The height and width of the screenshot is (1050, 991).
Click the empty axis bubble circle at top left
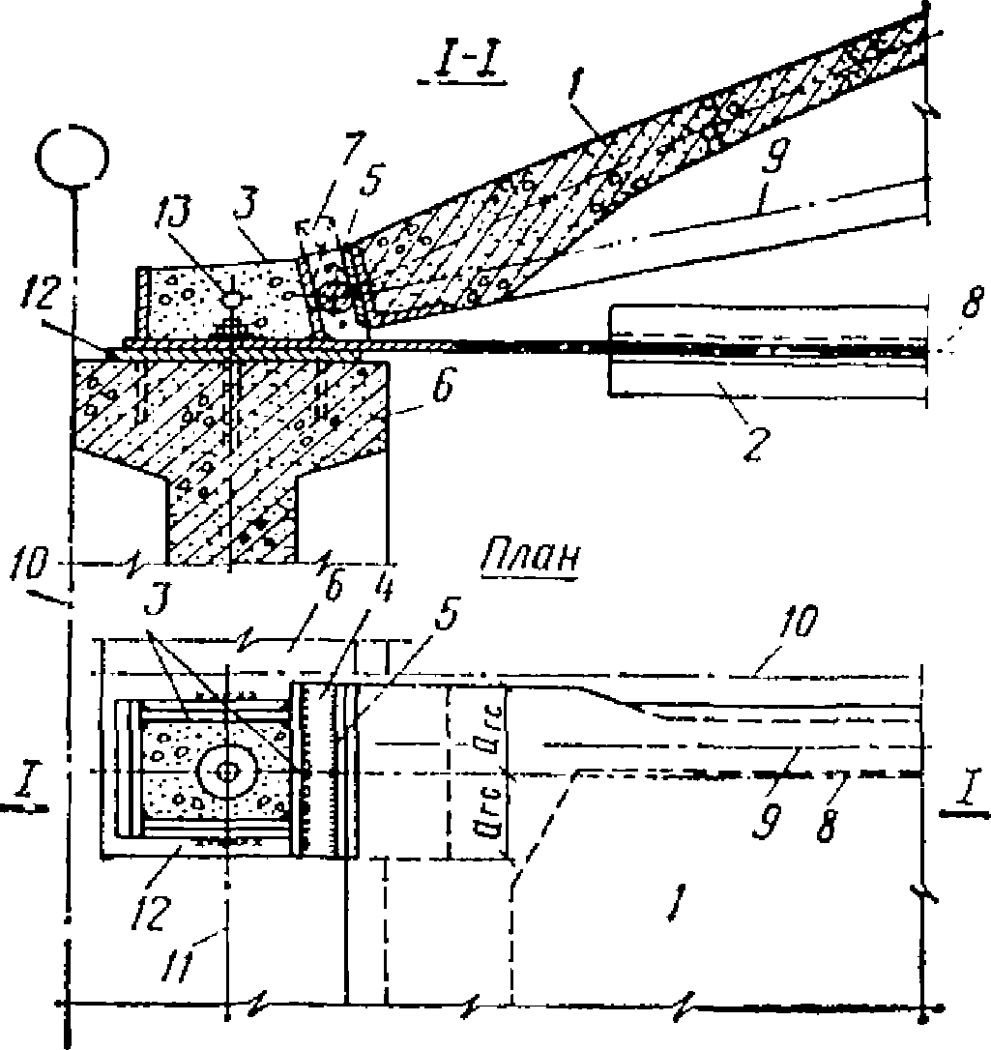pos(73,156)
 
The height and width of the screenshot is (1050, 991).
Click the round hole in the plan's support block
pos(226,772)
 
